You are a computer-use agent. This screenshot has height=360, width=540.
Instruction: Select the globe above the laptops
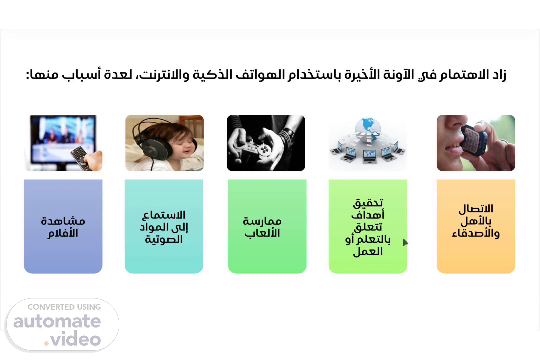click(x=368, y=129)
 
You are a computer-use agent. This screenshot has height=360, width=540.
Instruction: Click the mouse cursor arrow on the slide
click(x=405, y=242)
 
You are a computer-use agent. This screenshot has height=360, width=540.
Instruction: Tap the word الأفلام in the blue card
click(x=63, y=233)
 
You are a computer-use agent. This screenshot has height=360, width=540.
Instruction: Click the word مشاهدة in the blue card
click(x=63, y=221)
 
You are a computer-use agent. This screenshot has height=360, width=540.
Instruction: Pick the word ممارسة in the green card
click(x=262, y=221)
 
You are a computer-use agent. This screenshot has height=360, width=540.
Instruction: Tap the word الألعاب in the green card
click(x=262, y=233)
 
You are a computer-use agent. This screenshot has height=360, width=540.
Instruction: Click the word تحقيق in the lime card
click(x=368, y=203)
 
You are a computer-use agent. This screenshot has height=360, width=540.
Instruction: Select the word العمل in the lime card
click(x=368, y=251)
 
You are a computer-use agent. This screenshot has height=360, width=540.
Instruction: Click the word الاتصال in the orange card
click(x=476, y=209)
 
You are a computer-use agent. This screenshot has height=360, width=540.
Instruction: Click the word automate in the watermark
click(x=57, y=321)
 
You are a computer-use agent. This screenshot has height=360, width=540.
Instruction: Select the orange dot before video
click(x=47, y=343)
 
